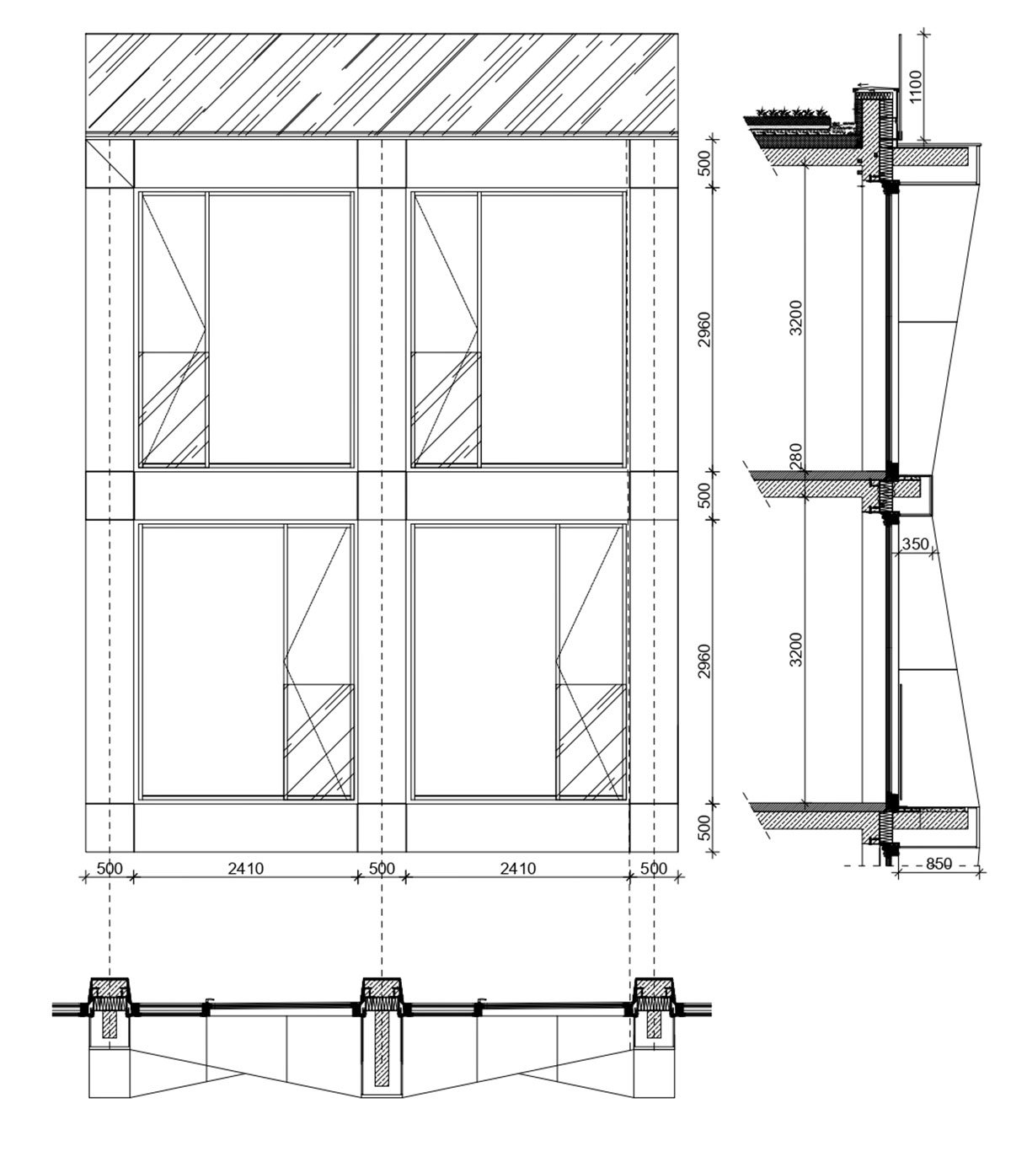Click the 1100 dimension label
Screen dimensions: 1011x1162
pyautogui.click(x=916, y=86)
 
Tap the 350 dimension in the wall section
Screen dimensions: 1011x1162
pyautogui.click(x=915, y=544)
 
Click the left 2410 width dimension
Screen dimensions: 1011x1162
pyautogui.click(x=246, y=869)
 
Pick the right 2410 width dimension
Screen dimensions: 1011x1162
pyautogui.click(x=517, y=869)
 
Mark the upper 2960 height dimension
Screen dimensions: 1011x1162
pyautogui.click(x=703, y=329)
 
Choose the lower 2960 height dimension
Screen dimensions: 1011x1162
pyautogui.click(x=703, y=661)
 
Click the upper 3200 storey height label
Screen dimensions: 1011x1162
pyautogui.click(x=796, y=318)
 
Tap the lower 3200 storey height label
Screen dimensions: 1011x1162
pyautogui.click(x=796, y=649)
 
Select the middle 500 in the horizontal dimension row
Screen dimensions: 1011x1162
pyautogui.click(x=382, y=869)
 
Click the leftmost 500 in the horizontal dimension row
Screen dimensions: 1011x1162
pyautogui.click(x=110, y=869)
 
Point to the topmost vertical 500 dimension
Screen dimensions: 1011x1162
pyautogui.click(x=703, y=163)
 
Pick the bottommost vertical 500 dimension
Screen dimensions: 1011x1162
pyautogui.click(x=703, y=827)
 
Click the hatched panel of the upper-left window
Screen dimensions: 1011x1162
pyautogui.click(x=174, y=409)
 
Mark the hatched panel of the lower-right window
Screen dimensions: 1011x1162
pyautogui.click(x=591, y=742)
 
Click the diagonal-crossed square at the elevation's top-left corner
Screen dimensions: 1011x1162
pyautogui.click(x=110, y=163)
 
